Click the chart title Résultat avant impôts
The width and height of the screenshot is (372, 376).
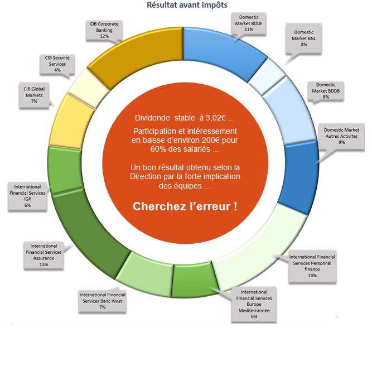186,6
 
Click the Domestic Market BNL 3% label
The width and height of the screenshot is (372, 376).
303,38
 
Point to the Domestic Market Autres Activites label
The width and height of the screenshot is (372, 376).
341,136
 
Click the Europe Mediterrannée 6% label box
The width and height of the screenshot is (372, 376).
254,304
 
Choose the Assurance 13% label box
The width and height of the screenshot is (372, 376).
44,254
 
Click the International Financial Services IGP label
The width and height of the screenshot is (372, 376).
27,195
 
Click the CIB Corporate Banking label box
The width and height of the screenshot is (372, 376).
104,30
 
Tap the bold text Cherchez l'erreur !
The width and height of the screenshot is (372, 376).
185,206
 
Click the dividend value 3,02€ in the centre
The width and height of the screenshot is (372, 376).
216,118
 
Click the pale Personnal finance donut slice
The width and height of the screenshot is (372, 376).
251,251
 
